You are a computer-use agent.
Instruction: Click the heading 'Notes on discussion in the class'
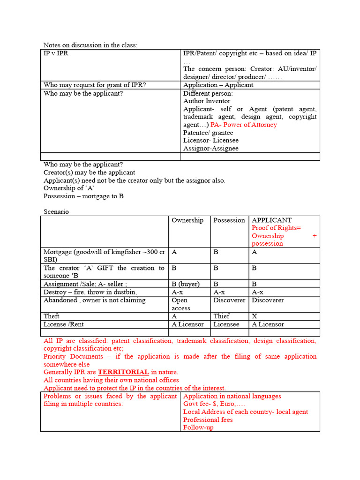point(90,45)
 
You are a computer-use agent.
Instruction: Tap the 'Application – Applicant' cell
point(218,85)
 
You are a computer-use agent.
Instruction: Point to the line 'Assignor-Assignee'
point(210,148)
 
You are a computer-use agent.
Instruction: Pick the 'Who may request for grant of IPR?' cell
point(95,85)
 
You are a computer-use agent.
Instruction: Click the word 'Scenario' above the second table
point(56,211)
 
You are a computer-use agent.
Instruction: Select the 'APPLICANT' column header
point(271,220)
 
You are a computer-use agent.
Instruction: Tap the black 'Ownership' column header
point(187,220)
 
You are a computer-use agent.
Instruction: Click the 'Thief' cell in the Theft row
point(221,316)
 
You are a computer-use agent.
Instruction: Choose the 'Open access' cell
point(180,304)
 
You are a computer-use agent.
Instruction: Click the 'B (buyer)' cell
point(186,284)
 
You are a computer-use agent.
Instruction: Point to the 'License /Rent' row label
point(63,324)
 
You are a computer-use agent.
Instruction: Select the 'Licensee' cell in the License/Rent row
point(227,324)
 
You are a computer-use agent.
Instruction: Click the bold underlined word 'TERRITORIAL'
point(123,372)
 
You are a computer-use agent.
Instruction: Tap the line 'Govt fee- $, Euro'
point(214,404)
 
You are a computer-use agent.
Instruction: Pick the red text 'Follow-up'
point(198,427)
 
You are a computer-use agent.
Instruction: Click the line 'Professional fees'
point(208,420)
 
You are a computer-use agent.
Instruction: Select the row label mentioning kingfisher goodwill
point(104,255)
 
